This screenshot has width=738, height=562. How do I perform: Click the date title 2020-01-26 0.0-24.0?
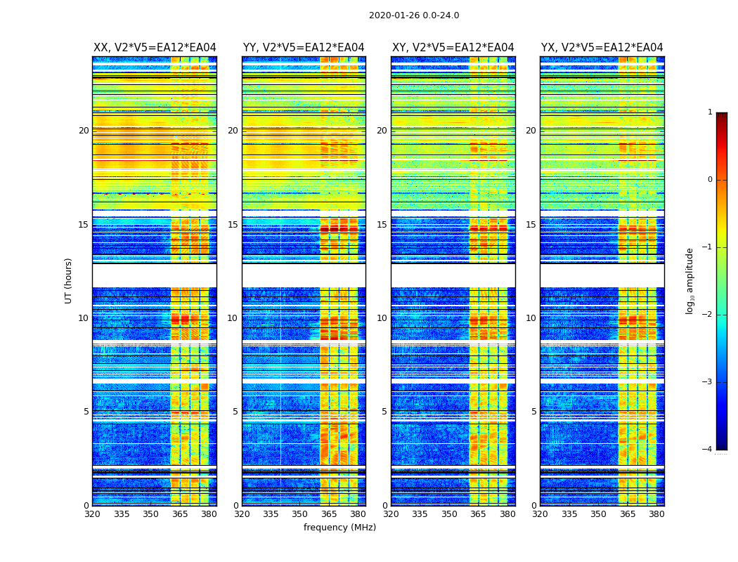point(414,15)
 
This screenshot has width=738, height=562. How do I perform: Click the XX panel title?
point(155,48)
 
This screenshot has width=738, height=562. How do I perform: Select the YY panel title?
point(304,48)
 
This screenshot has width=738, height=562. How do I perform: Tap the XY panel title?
point(453,48)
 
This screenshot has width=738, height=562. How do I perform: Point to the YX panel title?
point(602,48)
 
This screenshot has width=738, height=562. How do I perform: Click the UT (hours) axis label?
point(69,280)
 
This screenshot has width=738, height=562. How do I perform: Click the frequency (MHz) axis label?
point(339,528)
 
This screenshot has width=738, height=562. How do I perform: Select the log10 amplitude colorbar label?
point(690,280)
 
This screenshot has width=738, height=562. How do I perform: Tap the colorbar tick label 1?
point(710,112)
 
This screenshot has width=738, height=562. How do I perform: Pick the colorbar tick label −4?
point(708,450)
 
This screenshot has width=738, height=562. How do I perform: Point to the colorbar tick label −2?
point(708,315)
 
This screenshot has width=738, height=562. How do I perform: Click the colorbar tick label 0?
point(710,180)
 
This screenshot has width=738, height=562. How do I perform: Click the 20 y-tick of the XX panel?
point(84,131)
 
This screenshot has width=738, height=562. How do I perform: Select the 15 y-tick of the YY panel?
point(233,225)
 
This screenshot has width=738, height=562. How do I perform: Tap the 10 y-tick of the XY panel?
point(382,318)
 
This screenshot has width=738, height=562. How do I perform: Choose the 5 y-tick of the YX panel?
point(534,412)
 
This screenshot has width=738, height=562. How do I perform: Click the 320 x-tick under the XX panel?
point(92,514)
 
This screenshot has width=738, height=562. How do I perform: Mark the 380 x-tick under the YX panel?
point(656,514)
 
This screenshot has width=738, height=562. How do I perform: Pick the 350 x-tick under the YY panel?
point(300,514)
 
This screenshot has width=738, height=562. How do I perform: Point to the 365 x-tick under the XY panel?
point(478,514)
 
